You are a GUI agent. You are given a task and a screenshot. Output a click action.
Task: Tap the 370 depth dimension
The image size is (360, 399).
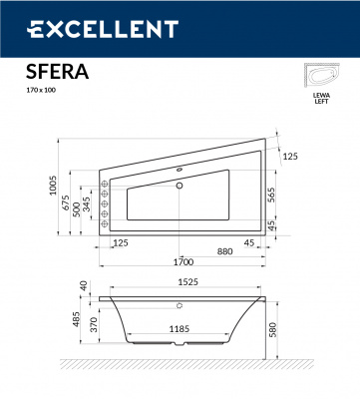point(91,325)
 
